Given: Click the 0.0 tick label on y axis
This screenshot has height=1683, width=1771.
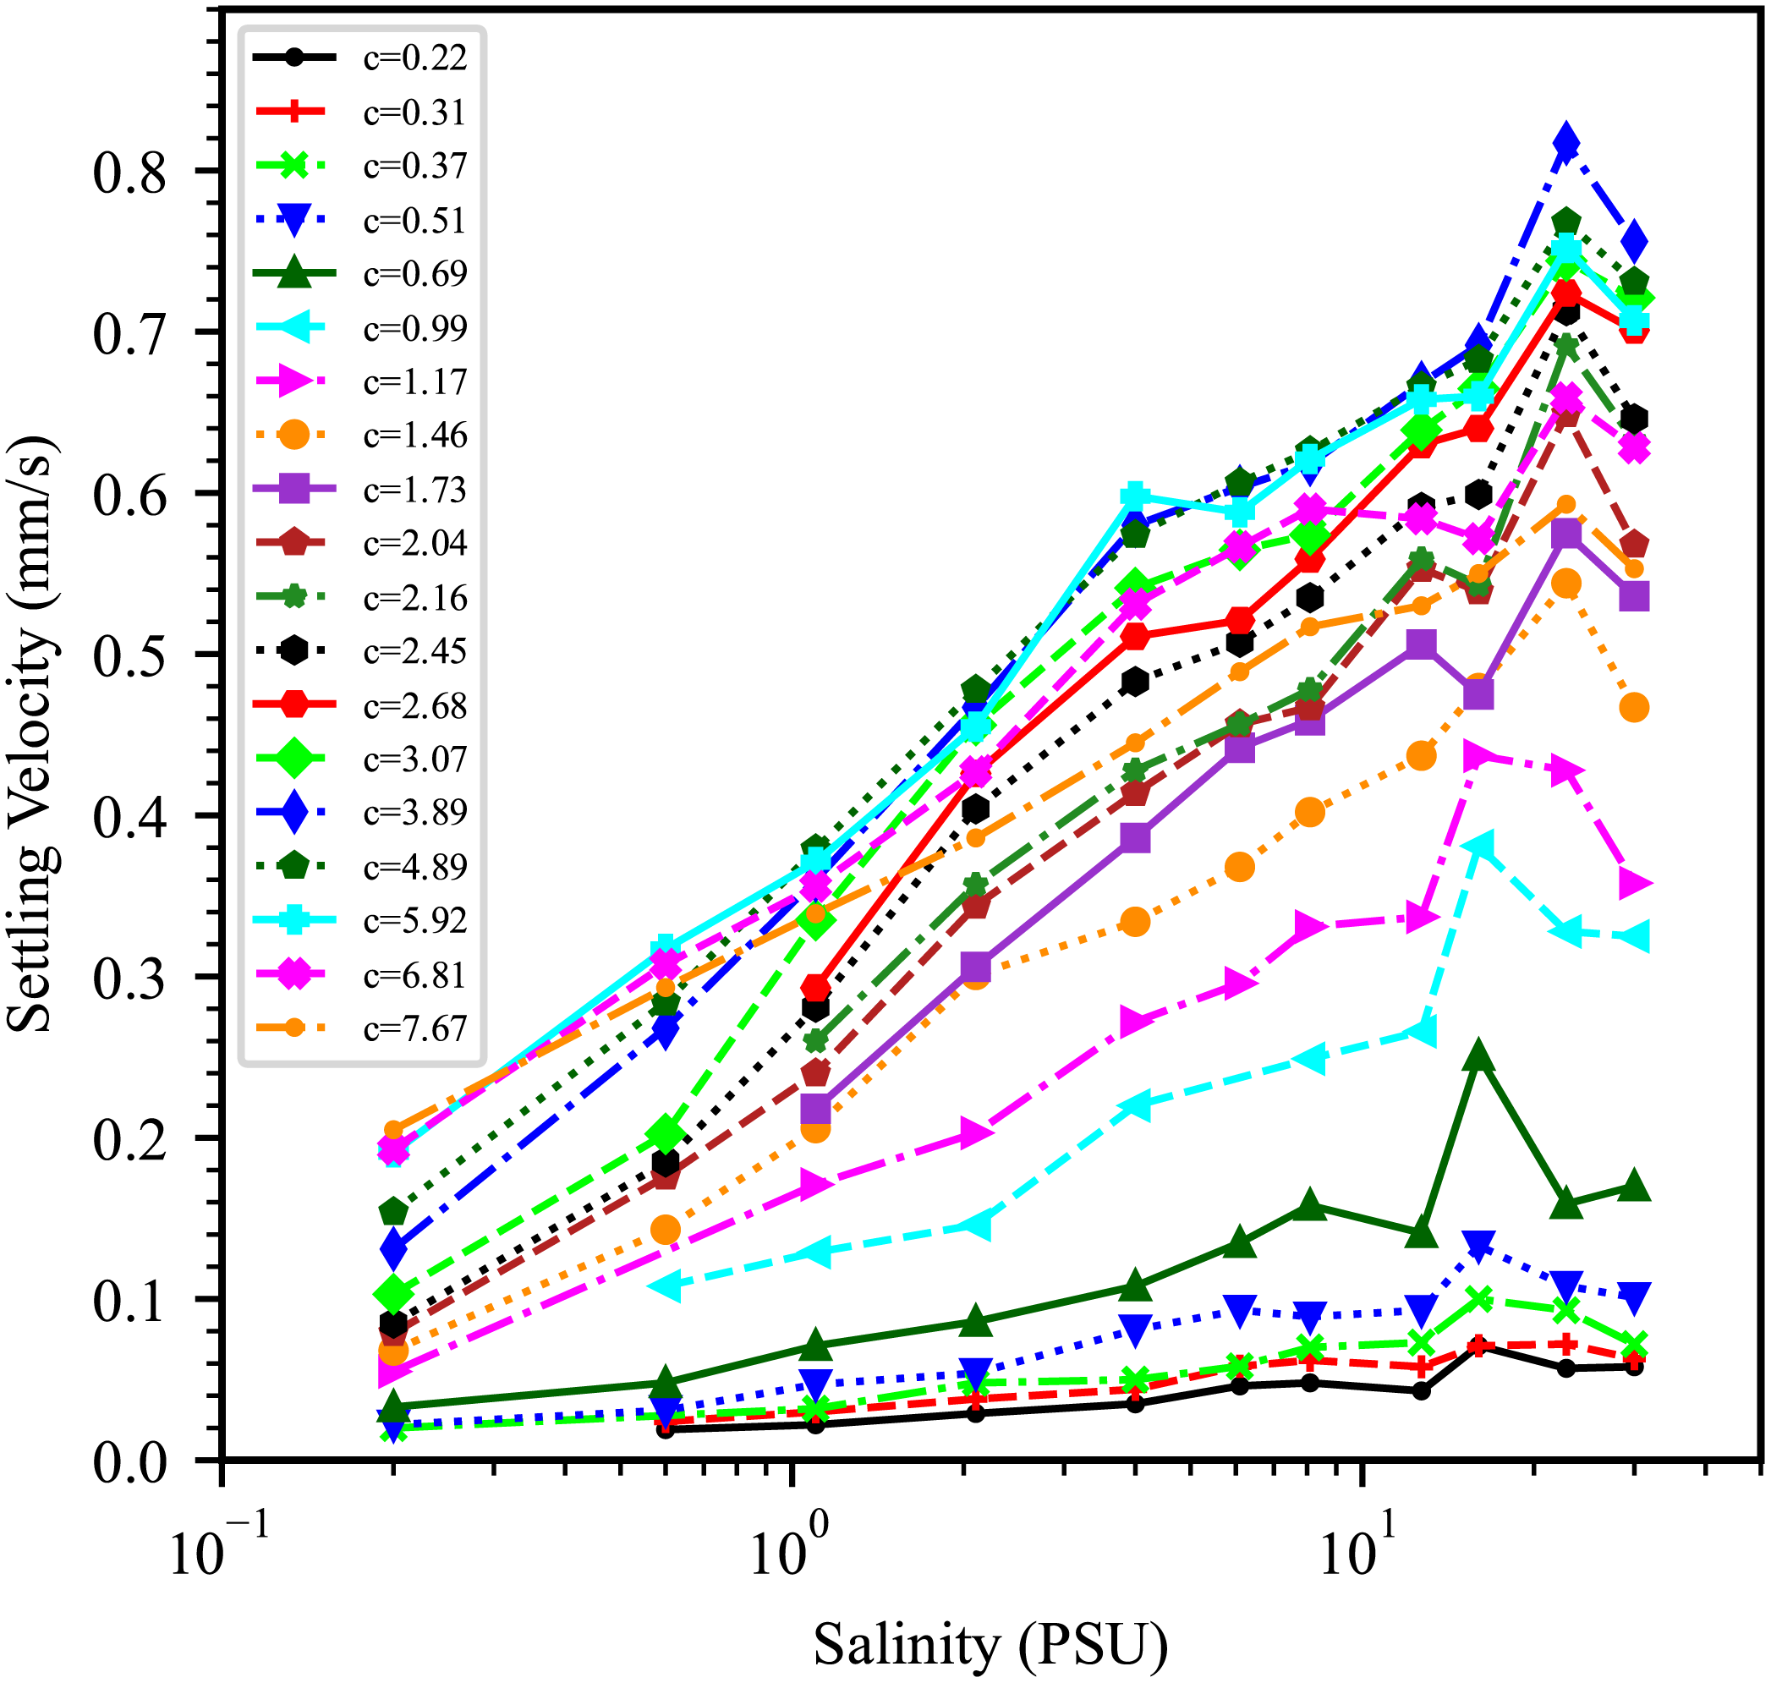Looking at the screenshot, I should (130, 1462).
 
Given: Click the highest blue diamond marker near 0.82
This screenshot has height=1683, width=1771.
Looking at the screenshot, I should (1565, 142).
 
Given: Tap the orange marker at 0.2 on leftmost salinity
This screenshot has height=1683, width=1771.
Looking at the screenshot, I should (393, 1130).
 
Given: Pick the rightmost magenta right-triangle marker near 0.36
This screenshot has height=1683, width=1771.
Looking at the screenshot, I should (1635, 885).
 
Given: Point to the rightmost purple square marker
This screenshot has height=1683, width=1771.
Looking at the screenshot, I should (1635, 596).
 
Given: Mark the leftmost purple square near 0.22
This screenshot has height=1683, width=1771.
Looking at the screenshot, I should (814, 1109).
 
